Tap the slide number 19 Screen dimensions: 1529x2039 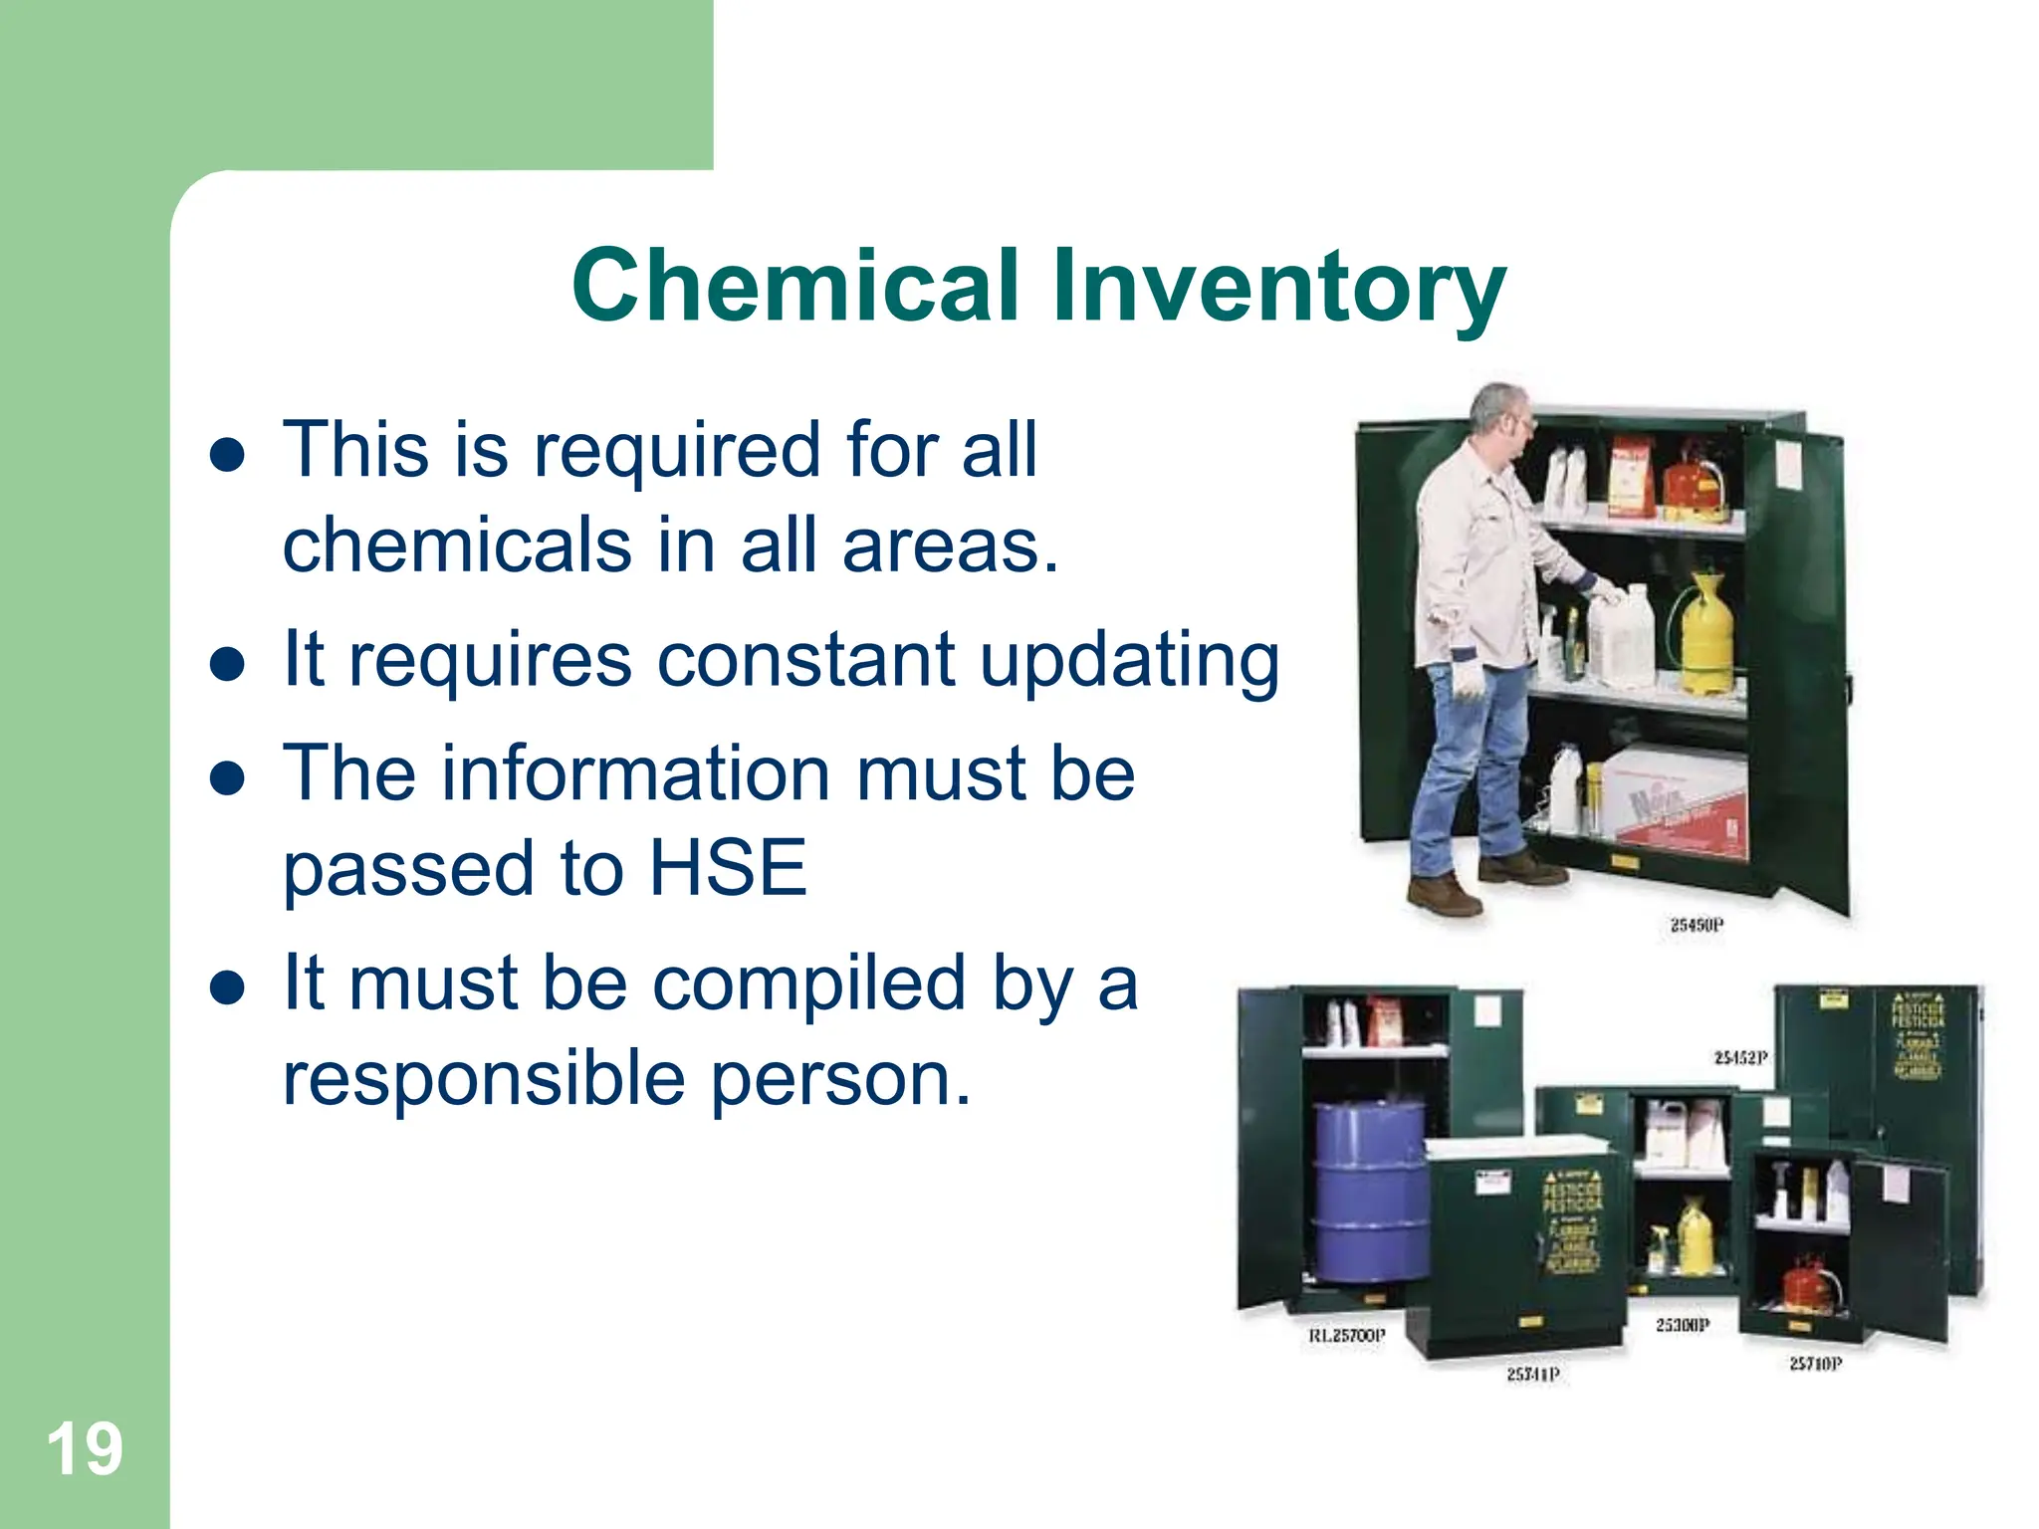pos(85,1449)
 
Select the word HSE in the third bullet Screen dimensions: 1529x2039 pos(728,868)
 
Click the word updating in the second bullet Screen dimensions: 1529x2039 pos(1129,661)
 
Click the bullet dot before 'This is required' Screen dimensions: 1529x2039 pos(228,455)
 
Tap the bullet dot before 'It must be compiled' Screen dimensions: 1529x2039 pos(228,986)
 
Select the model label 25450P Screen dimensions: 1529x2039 pos(1697,925)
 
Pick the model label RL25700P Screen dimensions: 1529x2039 pos(1346,1336)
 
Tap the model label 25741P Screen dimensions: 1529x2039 pos(1532,1375)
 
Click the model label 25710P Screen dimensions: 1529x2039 pos(1815,1364)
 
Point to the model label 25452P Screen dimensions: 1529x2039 pos(1740,1057)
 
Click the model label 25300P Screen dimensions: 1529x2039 pos(1683,1325)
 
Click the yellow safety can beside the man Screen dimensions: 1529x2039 pos(1705,633)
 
